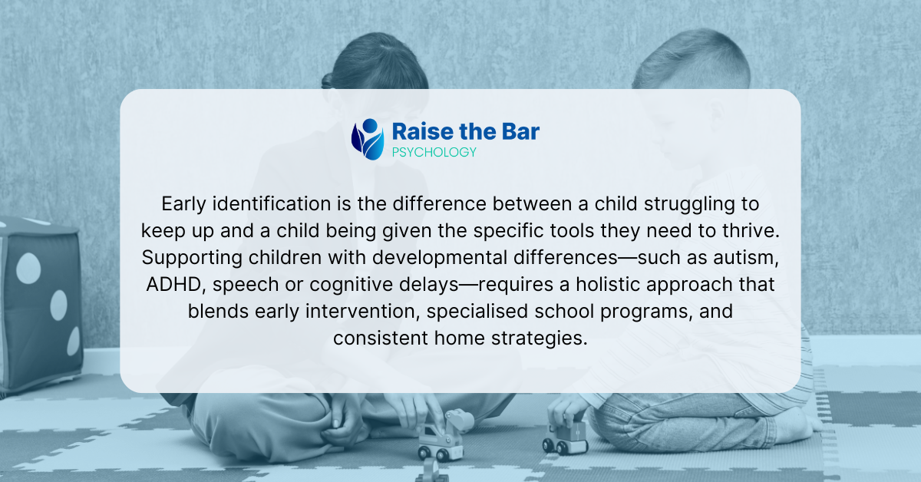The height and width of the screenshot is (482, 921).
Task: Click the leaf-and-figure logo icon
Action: tap(368, 139)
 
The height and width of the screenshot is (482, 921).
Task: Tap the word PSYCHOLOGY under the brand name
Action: tap(434, 152)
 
